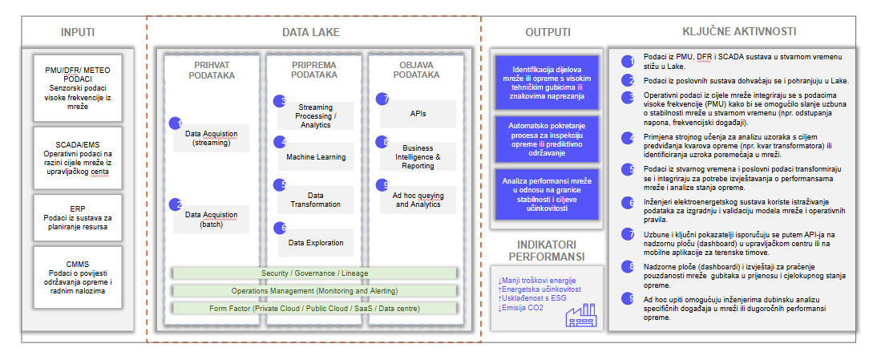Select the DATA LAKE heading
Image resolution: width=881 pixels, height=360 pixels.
310,32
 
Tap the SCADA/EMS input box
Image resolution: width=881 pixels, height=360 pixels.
79,151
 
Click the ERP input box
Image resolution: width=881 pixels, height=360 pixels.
79,216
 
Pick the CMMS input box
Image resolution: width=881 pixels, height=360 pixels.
79,276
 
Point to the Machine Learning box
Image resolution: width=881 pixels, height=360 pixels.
316,157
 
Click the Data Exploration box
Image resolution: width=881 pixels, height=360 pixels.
316,242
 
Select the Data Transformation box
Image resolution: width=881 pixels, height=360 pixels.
316,200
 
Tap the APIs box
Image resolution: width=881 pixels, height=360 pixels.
418,115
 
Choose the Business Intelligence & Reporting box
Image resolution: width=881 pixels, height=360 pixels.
418,157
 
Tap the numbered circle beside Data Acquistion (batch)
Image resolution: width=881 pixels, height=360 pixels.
176,204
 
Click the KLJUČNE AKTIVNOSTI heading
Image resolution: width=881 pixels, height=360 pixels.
738,32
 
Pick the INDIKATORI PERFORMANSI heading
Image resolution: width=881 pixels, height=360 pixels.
546,250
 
